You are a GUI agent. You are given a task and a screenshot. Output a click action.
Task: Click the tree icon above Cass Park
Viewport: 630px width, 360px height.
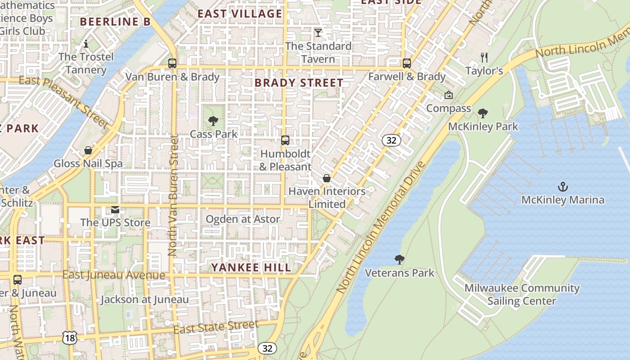(x=213, y=121)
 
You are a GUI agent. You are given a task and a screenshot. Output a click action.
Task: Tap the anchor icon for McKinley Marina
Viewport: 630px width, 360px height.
(x=562, y=186)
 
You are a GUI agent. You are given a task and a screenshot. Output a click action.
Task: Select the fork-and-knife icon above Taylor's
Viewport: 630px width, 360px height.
(x=484, y=57)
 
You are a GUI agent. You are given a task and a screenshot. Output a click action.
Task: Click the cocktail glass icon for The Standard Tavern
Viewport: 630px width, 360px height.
(x=318, y=32)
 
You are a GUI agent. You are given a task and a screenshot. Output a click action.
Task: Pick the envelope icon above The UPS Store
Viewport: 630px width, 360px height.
(x=115, y=209)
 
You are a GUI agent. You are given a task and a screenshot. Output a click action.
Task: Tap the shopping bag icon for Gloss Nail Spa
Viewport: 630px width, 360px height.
(x=88, y=150)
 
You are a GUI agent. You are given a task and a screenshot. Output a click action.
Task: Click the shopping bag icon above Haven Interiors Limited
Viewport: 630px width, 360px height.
(x=327, y=178)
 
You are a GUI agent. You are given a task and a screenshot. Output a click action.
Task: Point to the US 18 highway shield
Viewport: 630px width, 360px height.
(x=69, y=338)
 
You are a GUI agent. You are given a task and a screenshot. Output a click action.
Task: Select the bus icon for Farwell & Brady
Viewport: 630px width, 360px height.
(x=407, y=63)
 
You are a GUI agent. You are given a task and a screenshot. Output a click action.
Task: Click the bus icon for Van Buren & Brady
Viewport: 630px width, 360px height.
(x=172, y=63)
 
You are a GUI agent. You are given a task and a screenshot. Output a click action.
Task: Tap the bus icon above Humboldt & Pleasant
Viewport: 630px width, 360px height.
(x=285, y=140)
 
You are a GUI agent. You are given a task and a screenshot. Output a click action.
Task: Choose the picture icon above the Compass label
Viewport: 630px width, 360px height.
(x=448, y=95)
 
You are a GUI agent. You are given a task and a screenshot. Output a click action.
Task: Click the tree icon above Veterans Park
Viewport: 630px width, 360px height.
(x=399, y=259)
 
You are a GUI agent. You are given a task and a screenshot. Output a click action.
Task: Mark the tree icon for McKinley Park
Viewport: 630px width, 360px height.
(x=483, y=113)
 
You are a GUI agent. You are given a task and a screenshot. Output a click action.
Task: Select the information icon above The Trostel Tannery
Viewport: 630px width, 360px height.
(x=86, y=44)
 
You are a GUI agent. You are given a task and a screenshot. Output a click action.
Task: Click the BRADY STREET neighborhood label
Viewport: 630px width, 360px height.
(x=299, y=83)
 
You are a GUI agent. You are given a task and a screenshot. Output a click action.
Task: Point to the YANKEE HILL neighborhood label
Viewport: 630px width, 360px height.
(x=251, y=267)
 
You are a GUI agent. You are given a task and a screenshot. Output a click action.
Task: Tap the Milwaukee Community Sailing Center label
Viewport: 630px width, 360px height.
(x=522, y=294)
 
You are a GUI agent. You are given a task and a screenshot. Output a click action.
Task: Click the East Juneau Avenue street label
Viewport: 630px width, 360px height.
(x=113, y=275)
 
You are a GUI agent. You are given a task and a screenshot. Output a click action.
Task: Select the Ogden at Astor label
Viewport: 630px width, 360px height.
(x=243, y=219)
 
